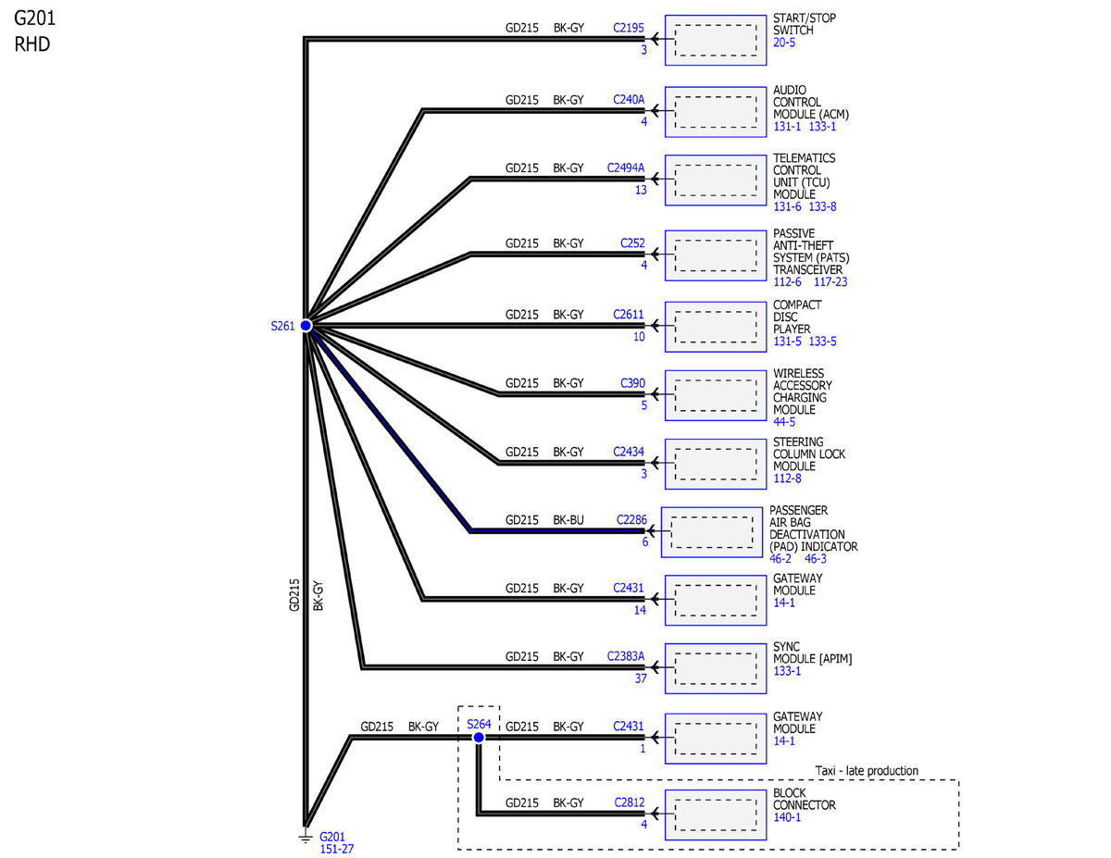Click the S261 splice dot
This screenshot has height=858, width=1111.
(x=306, y=325)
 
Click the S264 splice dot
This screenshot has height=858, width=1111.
(x=479, y=738)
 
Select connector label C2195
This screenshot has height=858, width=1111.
(x=629, y=28)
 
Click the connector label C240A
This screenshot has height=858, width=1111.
(x=629, y=98)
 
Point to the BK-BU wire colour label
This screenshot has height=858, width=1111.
(x=568, y=520)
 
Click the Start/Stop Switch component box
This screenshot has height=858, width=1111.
(x=716, y=40)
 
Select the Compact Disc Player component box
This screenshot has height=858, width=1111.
(x=716, y=326)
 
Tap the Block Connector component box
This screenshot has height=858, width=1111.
(x=716, y=814)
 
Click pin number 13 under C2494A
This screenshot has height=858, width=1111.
(x=641, y=190)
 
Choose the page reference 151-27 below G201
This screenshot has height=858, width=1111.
(x=337, y=849)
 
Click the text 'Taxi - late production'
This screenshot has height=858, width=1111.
(x=867, y=771)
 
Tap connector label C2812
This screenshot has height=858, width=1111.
(x=630, y=802)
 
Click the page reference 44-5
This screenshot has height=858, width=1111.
(x=784, y=422)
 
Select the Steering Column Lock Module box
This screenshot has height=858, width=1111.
(x=716, y=463)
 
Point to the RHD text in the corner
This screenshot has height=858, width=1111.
(x=32, y=43)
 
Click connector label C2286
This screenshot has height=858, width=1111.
(x=631, y=520)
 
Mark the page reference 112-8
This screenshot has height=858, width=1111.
(x=787, y=479)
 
